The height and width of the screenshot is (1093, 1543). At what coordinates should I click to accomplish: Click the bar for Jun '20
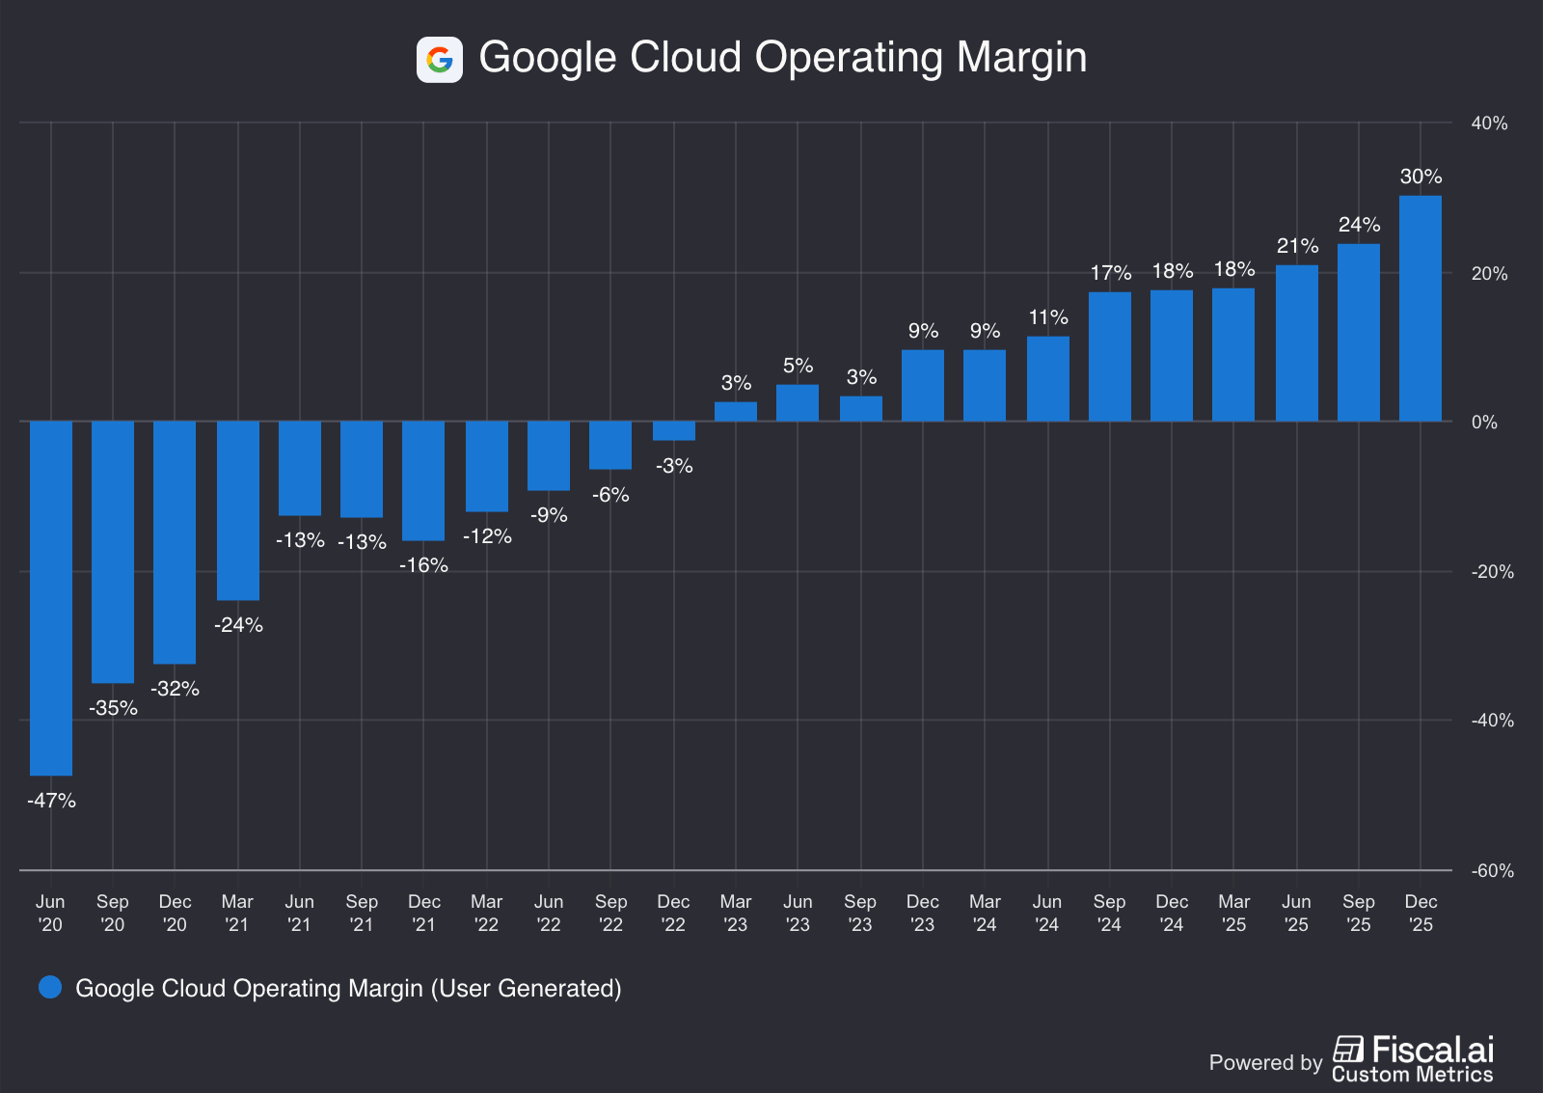(x=51, y=598)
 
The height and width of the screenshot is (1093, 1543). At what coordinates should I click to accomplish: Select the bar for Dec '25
(x=1421, y=309)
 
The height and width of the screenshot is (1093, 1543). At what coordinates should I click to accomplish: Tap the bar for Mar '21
(x=238, y=510)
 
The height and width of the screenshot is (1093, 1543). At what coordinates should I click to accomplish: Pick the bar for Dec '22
(x=674, y=431)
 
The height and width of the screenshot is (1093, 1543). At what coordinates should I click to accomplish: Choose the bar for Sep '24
(x=1110, y=357)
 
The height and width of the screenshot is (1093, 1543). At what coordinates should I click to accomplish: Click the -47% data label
(x=51, y=801)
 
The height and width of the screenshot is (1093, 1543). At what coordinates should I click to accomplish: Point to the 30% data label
(x=1421, y=177)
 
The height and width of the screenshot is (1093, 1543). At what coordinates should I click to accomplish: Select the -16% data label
(x=424, y=565)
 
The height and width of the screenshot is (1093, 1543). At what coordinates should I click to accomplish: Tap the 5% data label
(x=798, y=366)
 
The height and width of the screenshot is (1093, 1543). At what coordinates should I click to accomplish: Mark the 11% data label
(x=1048, y=317)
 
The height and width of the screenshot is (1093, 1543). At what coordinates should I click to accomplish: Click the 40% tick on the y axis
(x=1489, y=123)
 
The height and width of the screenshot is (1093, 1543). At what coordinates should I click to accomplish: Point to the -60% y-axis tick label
(x=1492, y=871)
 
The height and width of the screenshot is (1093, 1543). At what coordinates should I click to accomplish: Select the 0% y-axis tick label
(x=1484, y=423)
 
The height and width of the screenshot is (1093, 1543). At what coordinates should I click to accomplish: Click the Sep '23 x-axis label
(x=860, y=913)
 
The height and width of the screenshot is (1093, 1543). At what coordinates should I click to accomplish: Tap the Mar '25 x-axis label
(x=1234, y=913)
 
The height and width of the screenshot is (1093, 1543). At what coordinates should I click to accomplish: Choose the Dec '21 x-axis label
(x=424, y=913)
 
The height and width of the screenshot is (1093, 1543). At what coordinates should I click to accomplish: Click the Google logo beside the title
(x=440, y=60)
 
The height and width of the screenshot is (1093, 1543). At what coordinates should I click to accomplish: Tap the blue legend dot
(x=50, y=987)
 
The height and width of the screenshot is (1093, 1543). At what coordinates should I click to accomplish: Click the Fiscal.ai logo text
(x=1432, y=1050)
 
